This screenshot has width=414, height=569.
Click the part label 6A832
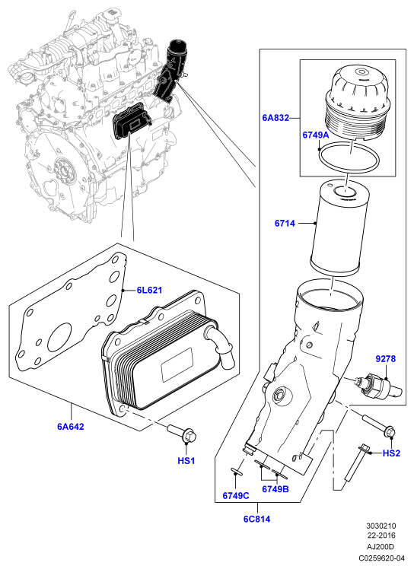click(x=275, y=118)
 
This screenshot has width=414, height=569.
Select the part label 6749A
click(x=316, y=135)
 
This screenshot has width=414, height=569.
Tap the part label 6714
click(x=285, y=223)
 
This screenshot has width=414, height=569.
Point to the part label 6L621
click(x=149, y=291)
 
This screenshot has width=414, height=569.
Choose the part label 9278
click(x=385, y=359)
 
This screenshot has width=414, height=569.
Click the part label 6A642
click(x=71, y=427)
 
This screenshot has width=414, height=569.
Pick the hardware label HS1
click(x=186, y=461)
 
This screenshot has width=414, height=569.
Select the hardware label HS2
click(x=391, y=453)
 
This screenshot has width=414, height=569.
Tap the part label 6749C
click(x=236, y=496)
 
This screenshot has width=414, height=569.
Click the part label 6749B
click(x=275, y=489)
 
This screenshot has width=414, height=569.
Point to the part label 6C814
click(x=256, y=520)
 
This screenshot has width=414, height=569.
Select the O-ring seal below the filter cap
click(x=349, y=158)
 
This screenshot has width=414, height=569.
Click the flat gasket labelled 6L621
click(x=72, y=312)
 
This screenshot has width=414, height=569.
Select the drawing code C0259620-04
click(x=381, y=558)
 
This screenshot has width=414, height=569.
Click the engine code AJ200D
click(x=381, y=547)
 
